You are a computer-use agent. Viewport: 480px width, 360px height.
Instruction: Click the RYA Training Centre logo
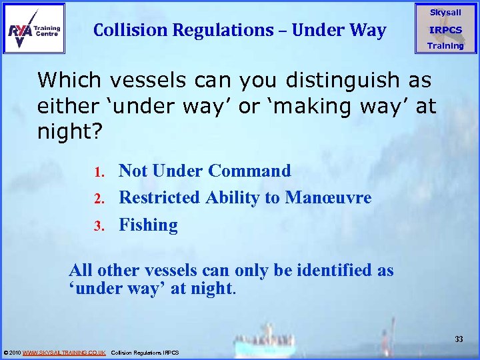point(34,29)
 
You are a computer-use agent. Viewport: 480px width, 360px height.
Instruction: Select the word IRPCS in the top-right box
point(445,30)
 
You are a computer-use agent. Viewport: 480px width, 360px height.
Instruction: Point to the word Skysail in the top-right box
point(445,13)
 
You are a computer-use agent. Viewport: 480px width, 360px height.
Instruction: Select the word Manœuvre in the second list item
point(328,197)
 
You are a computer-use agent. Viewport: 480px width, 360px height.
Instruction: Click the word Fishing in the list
point(148,225)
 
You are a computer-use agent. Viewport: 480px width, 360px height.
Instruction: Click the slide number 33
point(459,339)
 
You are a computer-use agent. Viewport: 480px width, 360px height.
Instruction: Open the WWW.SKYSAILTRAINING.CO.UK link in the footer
point(64,352)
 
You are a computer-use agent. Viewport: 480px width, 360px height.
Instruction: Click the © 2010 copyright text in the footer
point(13,352)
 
